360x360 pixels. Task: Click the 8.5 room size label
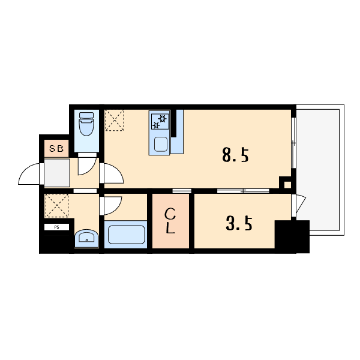pyautogui.click(x=235, y=155)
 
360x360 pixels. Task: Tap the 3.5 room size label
pyautogui.click(x=239, y=223)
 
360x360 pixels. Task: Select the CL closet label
pyautogui.click(x=170, y=221)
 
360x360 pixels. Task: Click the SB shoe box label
pyautogui.click(x=56, y=149)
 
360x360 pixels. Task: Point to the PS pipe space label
pyautogui.click(x=56, y=227)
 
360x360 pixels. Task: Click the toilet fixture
pyautogui.click(x=86, y=124)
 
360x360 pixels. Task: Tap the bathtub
pyautogui.click(x=126, y=235)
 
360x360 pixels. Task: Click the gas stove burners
pyautogui.click(x=160, y=121)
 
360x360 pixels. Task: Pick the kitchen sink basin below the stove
pyautogui.click(x=160, y=144)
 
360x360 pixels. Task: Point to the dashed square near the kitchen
pyautogui.click(x=115, y=121)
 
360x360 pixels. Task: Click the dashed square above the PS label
pyautogui.click(x=57, y=205)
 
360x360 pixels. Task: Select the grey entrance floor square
pyautogui.click(x=57, y=173)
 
